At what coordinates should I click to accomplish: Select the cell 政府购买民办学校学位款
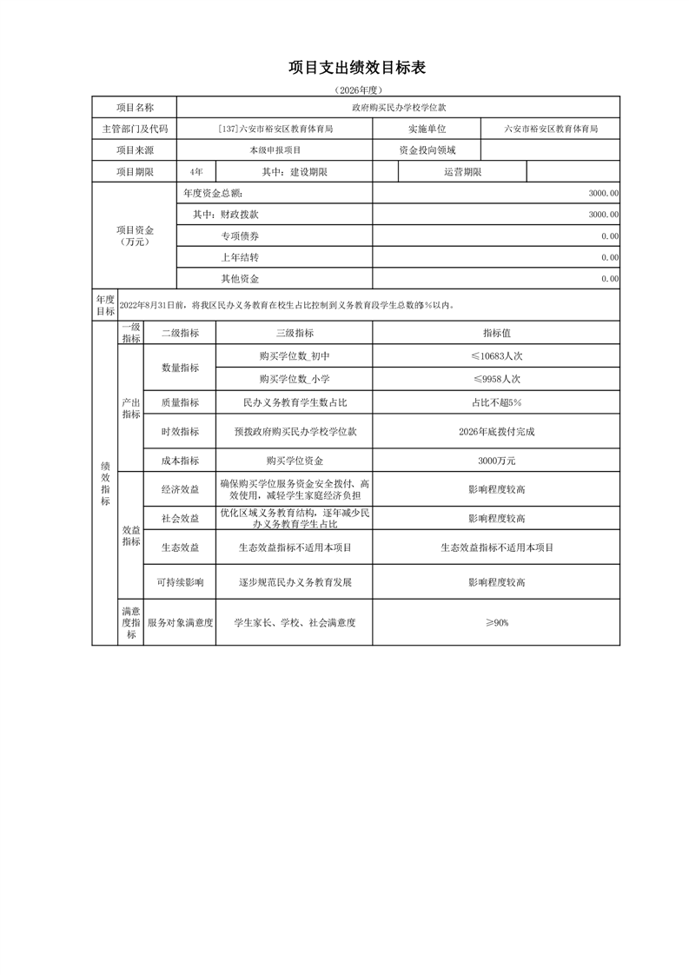[x=398, y=107]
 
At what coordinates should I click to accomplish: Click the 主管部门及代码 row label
[x=135, y=129]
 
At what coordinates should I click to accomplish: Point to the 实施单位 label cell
[x=426, y=129]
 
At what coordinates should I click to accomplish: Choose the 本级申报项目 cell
[x=274, y=150]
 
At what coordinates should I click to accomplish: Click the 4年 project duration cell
[x=195, y=172]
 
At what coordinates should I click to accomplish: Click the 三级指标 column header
[x=294, y=333]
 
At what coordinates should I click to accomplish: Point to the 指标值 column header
[x=496, y=333]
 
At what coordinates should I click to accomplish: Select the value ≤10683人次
[x=496, y=356]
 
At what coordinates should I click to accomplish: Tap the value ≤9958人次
[x=496, y=380]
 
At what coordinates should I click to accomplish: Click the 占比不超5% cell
[x=496, y=403]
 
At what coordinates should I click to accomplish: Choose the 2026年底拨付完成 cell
[x=496, y=432]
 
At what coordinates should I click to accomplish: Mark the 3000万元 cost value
[x=496, y=461]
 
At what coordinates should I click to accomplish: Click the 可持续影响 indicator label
[x=180, y=582]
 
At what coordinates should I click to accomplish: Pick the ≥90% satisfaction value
[x=496, y=623]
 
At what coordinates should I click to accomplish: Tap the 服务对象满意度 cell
[x=180, y=623]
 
